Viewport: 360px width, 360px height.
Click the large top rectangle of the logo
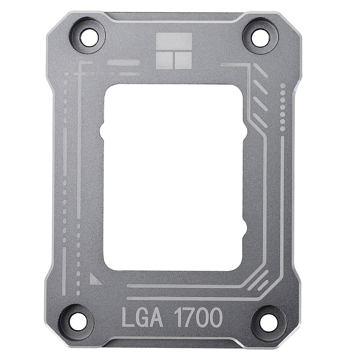174,41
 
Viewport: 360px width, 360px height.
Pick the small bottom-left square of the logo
165,60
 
